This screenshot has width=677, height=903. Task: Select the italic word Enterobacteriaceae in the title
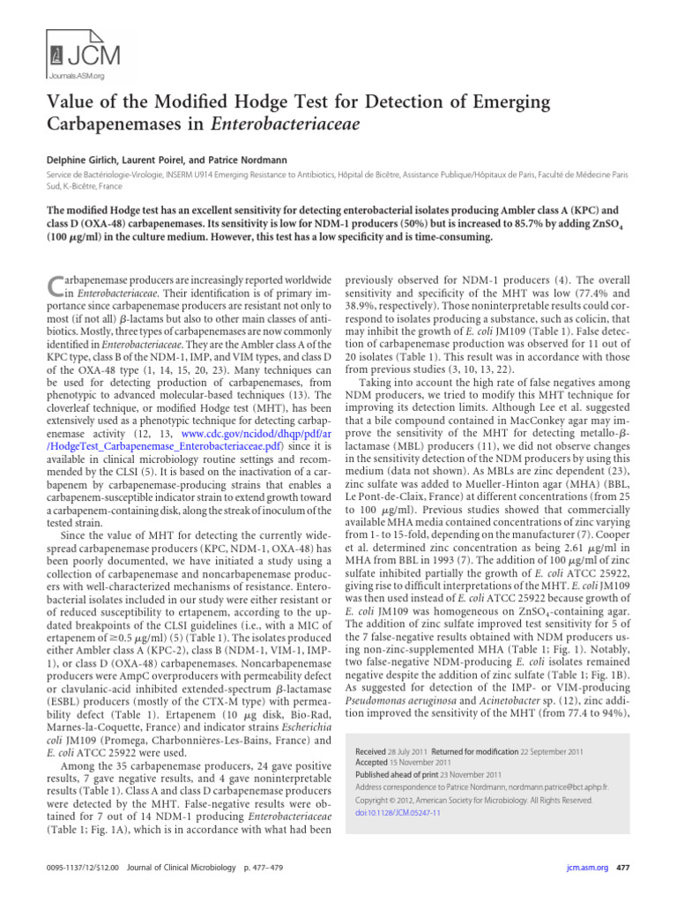tap(285, 125)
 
